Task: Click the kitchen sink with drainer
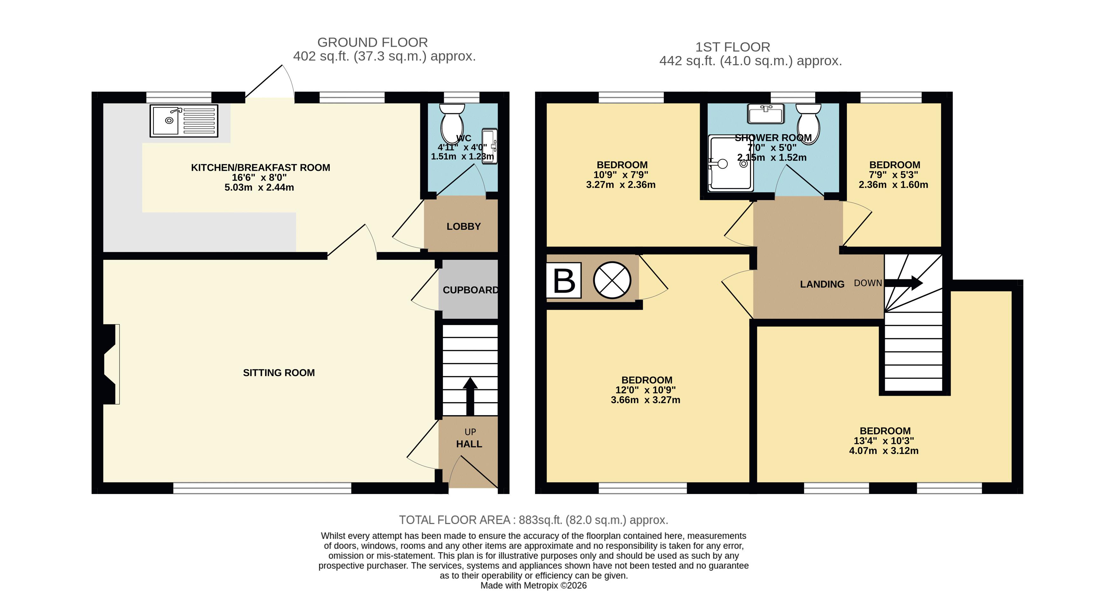coord(183,121)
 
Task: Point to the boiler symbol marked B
coord(564,281)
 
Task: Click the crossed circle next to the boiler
coord(612,280)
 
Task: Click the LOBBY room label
coord(464,226)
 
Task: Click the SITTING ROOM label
coord(279,373)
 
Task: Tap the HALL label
coord(469,444)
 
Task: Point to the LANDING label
coord(822,284)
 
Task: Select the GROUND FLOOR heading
coord(372,42)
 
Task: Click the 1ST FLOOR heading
coord(733,47)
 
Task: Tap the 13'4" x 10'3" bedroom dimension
coord(884,441)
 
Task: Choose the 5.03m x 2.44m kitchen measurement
coord(259,187)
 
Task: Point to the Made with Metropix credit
coord(534,585)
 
